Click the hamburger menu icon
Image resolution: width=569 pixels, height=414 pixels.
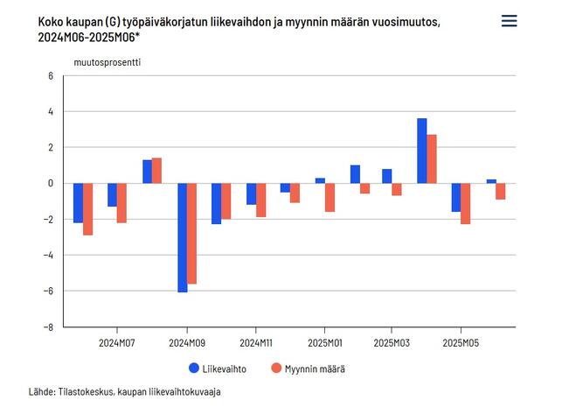click(509, 21)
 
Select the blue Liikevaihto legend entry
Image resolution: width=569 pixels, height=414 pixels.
click(218, 368)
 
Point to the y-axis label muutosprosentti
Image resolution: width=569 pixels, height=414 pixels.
click(108, 62)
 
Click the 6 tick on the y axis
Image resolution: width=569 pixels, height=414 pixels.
click(51, 76)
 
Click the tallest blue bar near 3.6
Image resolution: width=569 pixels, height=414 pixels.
click(422, 151)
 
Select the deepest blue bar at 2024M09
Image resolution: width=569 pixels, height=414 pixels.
click(182, 237)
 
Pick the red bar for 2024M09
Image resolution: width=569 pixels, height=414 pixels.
click(191, 233)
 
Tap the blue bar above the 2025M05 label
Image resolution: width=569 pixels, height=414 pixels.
click(456, 198)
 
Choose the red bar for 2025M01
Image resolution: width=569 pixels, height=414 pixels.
click(330, 198)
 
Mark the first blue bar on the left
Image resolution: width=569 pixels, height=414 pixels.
click(78, 203)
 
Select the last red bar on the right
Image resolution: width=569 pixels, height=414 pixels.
click(501, 192)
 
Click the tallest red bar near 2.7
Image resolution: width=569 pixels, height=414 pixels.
click(432, 158)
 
